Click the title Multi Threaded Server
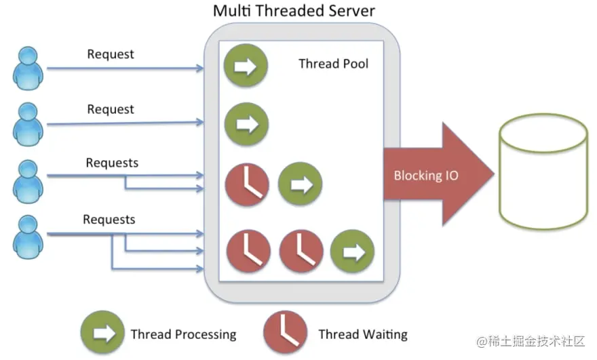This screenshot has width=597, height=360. click(x=294, y=11)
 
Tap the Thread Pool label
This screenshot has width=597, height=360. click(x=333, y=64)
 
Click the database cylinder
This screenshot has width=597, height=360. click(x=543, y=172)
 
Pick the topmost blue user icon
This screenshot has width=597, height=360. click(x=28, y=68)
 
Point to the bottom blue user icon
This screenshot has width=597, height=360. click(x=28, y=237)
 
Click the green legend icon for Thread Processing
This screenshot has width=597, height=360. click(x=102, y=332)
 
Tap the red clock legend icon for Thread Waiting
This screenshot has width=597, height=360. click(x=285, y=332)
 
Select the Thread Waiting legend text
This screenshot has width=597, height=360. click(x=363, y=334)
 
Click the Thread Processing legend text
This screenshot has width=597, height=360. click(x=184, y=334)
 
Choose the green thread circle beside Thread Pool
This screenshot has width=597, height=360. click(x=246, y=66)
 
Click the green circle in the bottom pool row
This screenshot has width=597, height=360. click(x=352, y=251)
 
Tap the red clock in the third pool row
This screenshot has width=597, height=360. click(x=247, y=184)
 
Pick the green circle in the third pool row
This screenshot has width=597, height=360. click(x=300, y=184)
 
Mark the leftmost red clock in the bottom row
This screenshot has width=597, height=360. click(x=248, y=251)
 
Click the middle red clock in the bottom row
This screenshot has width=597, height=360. click(x=301, y=251)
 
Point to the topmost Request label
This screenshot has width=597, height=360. click(x=111, y=54)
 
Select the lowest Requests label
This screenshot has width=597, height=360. click(x=109, y=220)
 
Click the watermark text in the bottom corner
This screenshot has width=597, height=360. click(x=531, y=341)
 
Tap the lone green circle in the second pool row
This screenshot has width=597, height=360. click(x=246, y=124)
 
